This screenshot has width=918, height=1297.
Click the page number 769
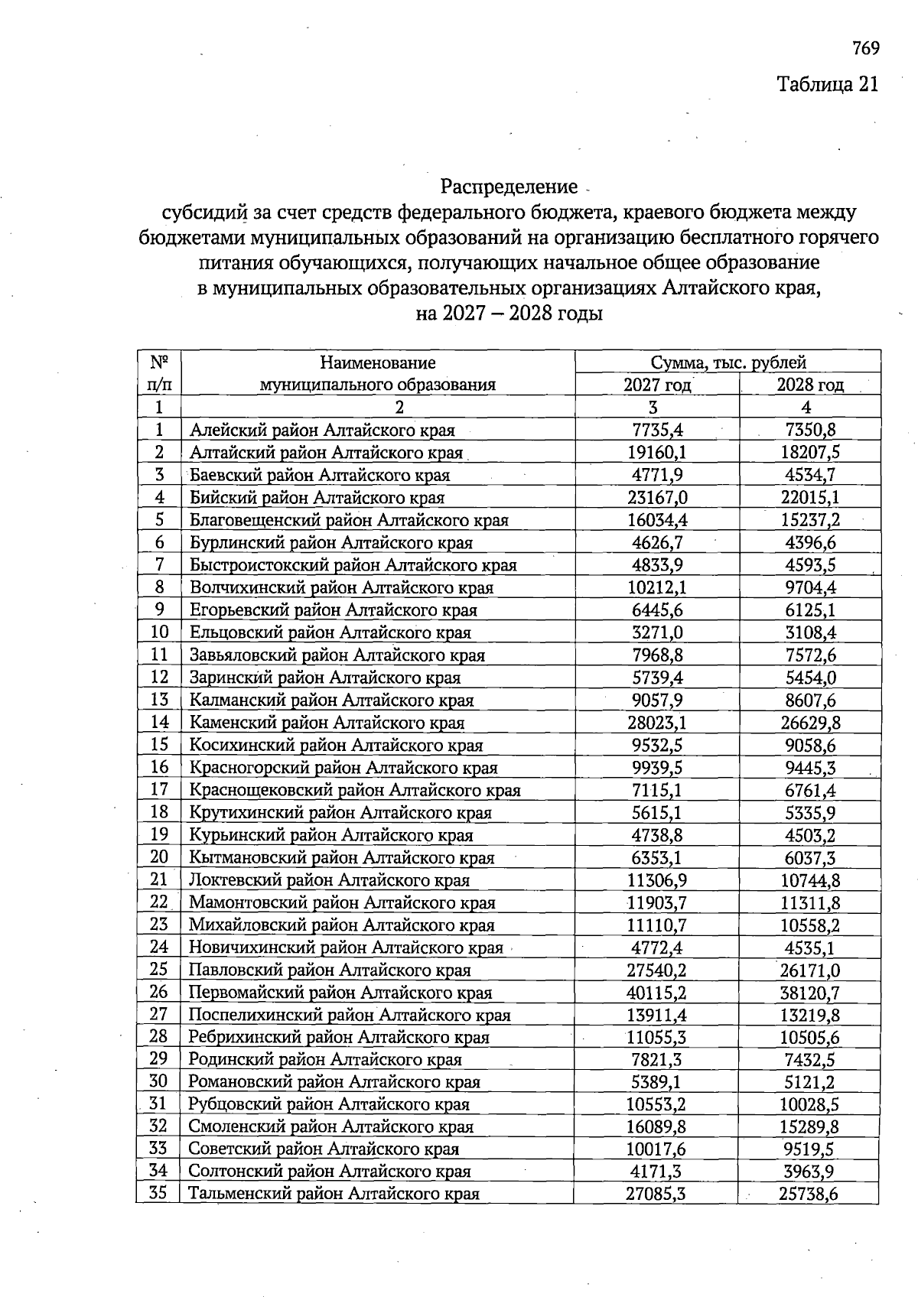(x=865, y=49)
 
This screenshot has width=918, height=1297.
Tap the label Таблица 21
(x=828, y=83)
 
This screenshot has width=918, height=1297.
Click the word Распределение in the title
(x=509, y=187)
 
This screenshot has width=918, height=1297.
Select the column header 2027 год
(x=656, y=385)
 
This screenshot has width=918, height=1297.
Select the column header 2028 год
(x=809, y=385)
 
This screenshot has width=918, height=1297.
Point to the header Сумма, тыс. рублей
(x=728, y=362)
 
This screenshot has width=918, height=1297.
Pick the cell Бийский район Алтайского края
(x=317, y=498)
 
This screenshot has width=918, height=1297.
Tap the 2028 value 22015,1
(x=809, y=498)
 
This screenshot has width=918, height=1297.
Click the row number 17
(x=159, y=789)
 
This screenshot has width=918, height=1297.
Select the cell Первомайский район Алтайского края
(x=340, y=993)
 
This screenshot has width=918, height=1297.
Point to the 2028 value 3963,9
(x=809, y=1172)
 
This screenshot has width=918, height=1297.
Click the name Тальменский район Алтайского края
(x=334, y=1194)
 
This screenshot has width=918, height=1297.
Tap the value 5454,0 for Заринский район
(x=809, y=678)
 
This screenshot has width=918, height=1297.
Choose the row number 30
(x=158, y=1081)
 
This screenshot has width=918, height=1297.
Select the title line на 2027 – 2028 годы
(x=509, y=314)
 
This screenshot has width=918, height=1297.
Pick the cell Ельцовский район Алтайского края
(x=330, y=632)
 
